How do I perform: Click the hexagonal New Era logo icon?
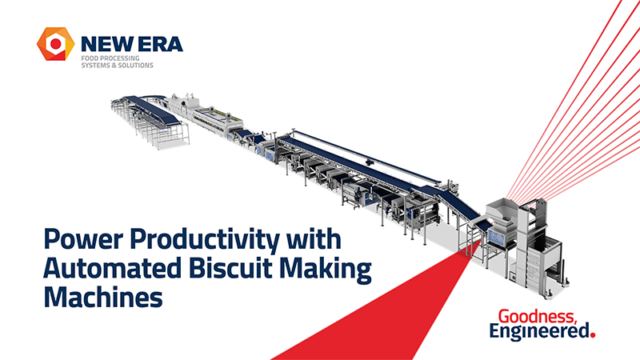point(55,44)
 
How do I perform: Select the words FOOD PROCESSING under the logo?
point(110,58)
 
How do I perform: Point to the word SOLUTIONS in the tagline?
point(134,66)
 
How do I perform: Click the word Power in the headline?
point(83,238)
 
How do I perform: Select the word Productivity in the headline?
point(206,240)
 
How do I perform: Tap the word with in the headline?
point(314,238)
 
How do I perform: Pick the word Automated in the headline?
point(112,268)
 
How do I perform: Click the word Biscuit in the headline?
point(232,268)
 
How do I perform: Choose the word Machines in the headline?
point(103,297)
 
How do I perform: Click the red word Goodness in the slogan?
point(538,317)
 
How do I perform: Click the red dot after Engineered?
point(593,335)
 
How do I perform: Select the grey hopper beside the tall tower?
point(502,213)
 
